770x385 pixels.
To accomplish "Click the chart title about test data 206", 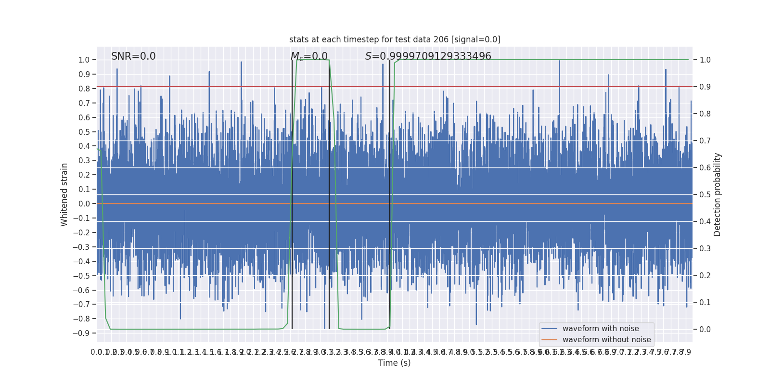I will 395,39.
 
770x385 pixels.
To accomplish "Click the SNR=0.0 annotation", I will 133,56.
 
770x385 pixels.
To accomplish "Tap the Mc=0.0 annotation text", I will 309,56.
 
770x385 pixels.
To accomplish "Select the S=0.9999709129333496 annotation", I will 428,56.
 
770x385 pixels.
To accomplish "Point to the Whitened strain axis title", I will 64,194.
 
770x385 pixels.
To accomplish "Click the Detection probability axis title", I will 718,194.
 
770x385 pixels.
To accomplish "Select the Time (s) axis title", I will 394,363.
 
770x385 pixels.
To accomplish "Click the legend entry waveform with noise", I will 601,329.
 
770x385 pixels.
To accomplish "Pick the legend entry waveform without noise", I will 606,340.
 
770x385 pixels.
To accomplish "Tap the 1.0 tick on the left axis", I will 84,60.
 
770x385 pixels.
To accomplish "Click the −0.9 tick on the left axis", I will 81,333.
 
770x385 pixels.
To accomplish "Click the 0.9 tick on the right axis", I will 705,87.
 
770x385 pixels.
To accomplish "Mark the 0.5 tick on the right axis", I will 705,195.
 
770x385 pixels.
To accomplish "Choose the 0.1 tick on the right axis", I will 705,303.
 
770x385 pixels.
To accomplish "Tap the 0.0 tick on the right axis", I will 705,330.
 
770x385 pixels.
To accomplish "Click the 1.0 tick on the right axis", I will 705,60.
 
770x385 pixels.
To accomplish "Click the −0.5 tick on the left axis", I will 81,276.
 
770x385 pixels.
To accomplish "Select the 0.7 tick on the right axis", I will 705,141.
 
